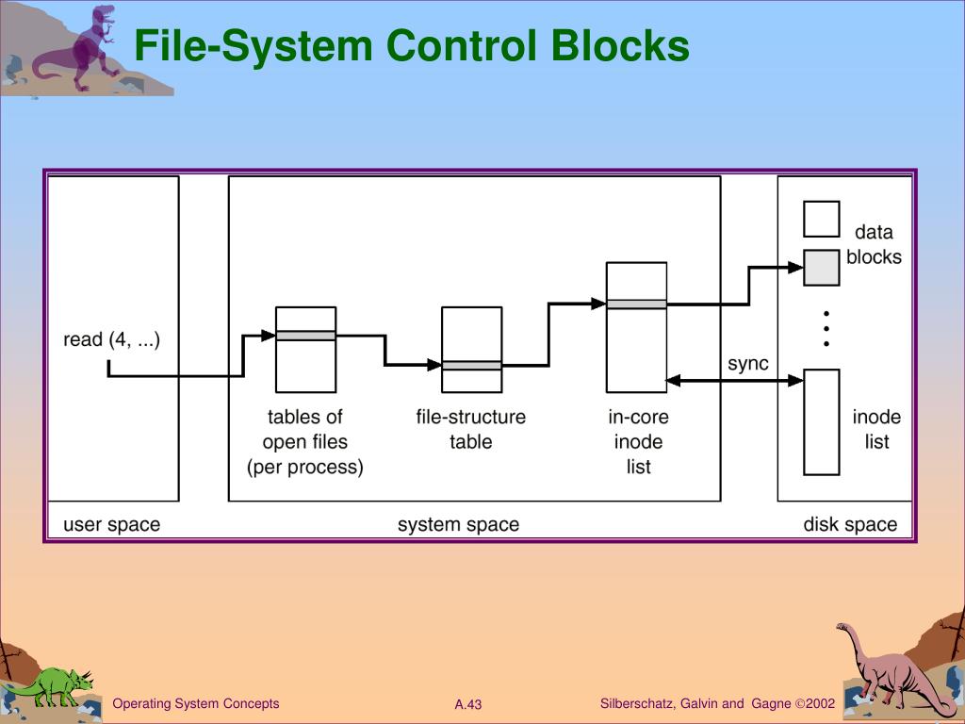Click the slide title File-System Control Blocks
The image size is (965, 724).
[412, 45]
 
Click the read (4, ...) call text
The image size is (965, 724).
[111, 339]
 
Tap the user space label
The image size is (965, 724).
[111, 524]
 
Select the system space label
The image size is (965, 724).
[459, 524]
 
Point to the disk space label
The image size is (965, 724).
[850, 524]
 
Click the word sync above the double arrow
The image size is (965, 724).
[747, 363]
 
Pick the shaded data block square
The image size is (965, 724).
[822, 267]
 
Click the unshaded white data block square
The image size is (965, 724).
[822, 219]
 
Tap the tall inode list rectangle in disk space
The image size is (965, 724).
[822, 422]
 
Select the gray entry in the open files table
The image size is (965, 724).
[306, 336]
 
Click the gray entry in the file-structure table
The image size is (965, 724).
[472, 366]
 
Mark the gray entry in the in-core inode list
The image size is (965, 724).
[636, 304]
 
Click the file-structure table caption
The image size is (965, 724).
[471, 429]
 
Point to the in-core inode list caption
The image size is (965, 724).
[638, 441]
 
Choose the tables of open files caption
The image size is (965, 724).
[305, 441]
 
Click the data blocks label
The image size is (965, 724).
[874, 244]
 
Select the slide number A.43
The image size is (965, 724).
[468, 704]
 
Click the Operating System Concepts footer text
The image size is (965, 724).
[196, 703]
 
